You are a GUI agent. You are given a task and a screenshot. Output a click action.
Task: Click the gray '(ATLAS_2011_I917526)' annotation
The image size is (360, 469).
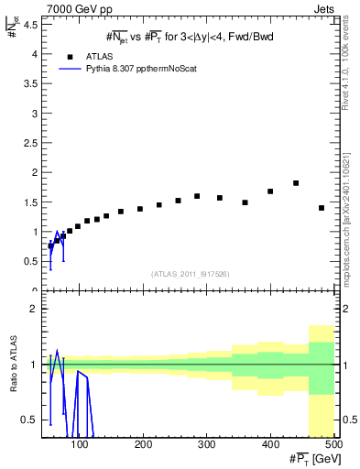coord(190,274)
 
